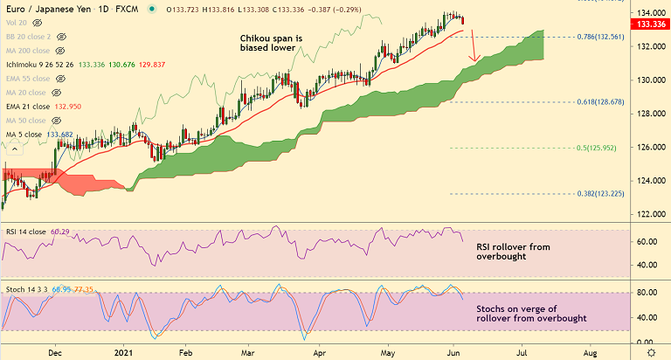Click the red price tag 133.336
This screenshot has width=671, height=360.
[x=652, y=24]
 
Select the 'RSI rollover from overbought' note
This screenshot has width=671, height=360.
[x=513, y=253]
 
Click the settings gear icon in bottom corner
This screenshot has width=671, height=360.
[x=651, y=350]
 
